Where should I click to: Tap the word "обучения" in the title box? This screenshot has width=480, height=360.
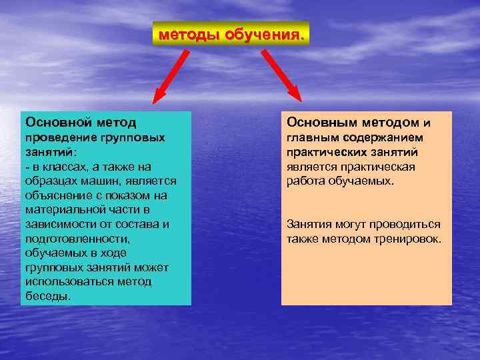(x=265, y=33)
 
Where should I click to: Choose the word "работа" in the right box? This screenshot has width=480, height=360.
(x=305, y=181)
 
